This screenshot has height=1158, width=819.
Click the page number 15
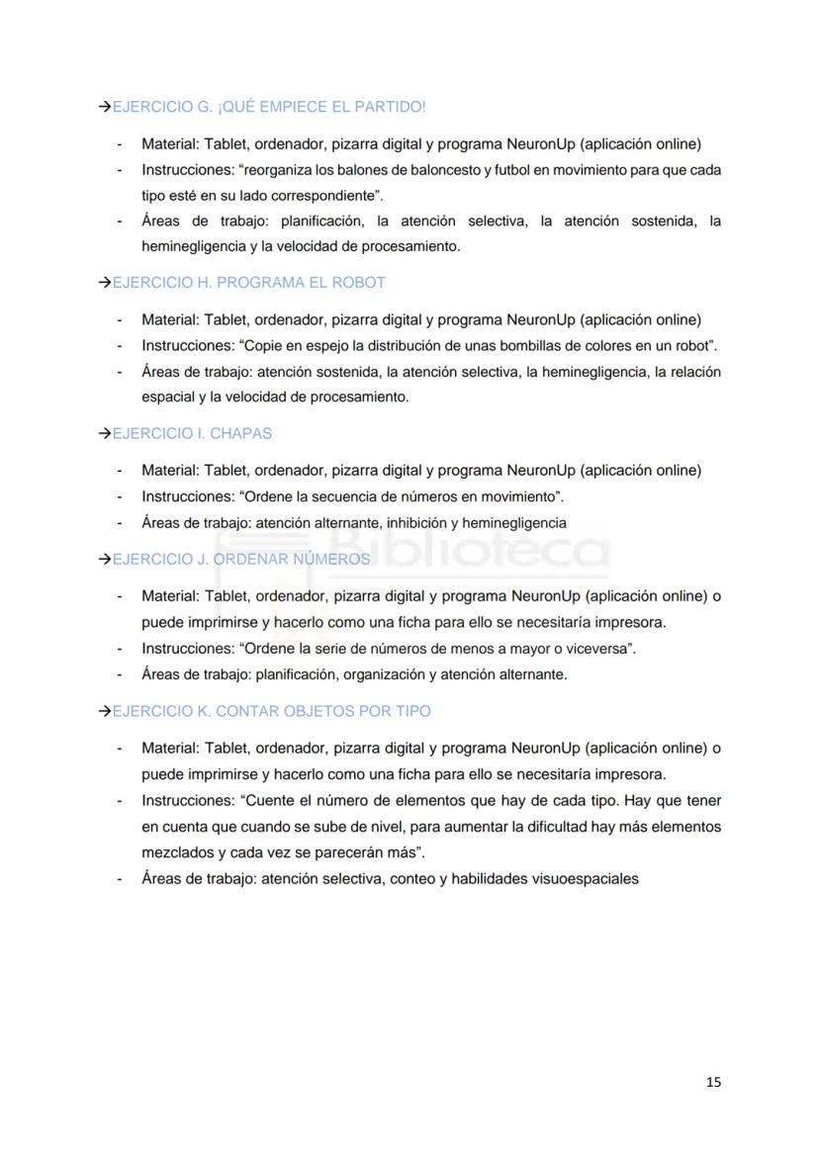click(714, 1082)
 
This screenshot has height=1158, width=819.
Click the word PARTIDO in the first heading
click(394, 107)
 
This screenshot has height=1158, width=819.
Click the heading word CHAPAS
click(240, 433)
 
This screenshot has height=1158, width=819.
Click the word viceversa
click(594, 649)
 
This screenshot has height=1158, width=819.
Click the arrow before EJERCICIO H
click(104, 283)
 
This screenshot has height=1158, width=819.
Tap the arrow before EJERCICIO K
click(104, 711)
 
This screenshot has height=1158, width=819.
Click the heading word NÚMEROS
click(331, 560)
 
